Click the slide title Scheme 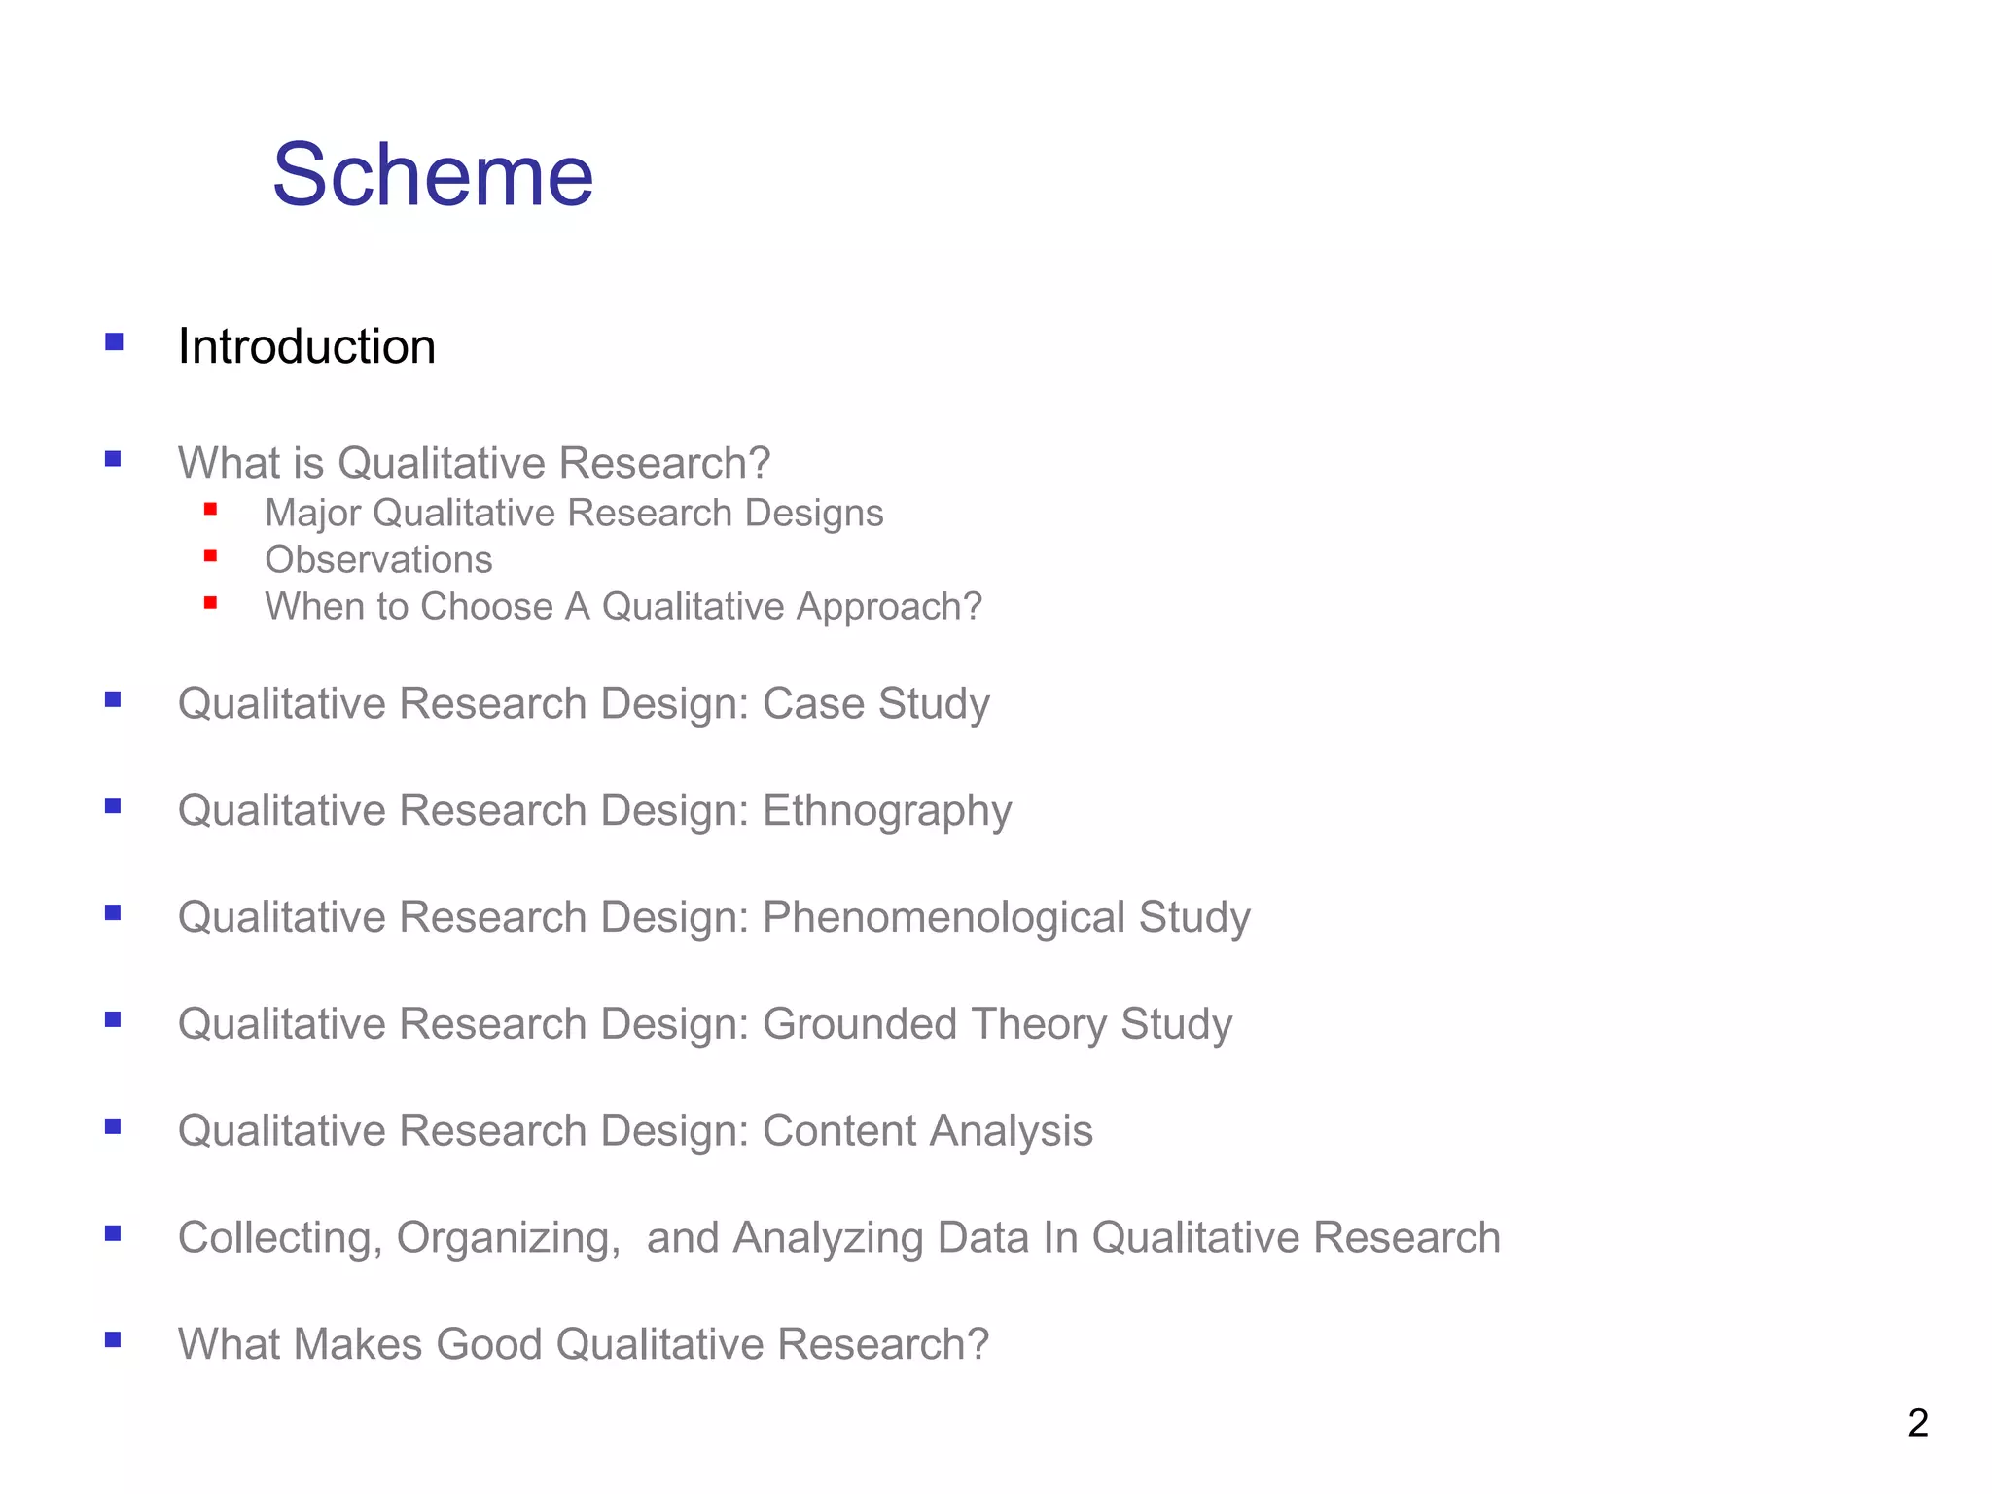(433, 175)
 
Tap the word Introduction (306, 347)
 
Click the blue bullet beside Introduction (114, 341)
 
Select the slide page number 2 (1917, 1423)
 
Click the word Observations (378, 560)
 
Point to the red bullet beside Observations (210, 556)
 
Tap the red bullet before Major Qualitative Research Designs (210, 509)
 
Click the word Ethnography (886, 811)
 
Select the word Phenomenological (943, 918)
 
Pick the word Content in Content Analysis (838, 1131)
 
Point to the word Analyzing (827, 1238)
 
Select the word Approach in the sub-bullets (887, 607)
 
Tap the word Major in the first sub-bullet (312, 514)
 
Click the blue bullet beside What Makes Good (113, 1339)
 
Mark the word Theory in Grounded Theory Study (1038, 1024)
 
